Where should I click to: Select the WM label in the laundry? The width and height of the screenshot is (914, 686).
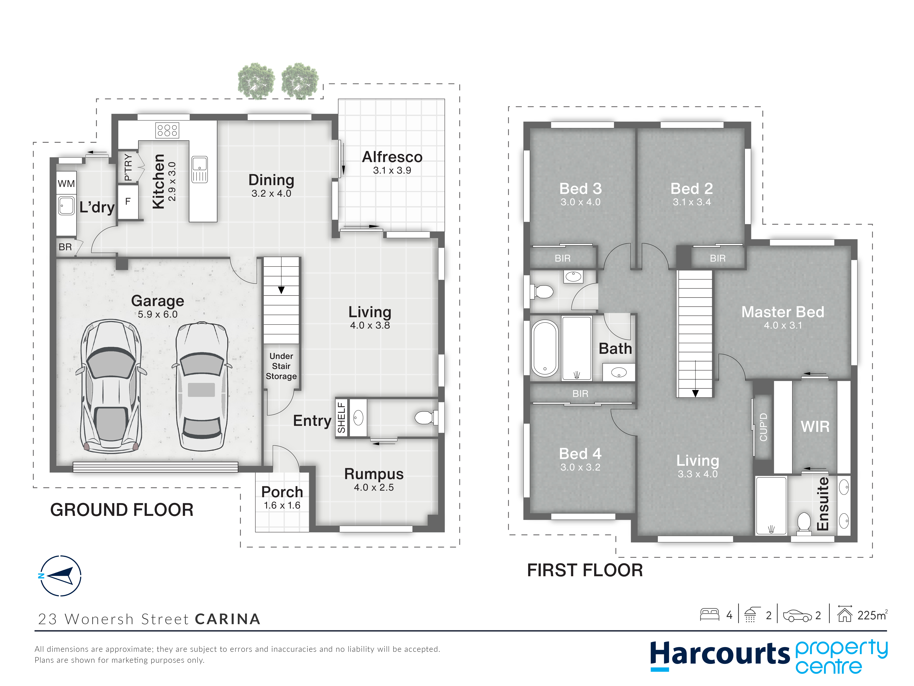[66, 184]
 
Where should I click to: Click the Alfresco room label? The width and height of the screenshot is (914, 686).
[392, 157]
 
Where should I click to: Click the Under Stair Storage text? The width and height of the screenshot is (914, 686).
[281, 366]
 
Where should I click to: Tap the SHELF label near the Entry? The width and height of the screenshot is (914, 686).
[341, 418]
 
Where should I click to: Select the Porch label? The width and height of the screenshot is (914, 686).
[282, 492]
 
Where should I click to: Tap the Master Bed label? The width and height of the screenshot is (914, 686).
[783, 312]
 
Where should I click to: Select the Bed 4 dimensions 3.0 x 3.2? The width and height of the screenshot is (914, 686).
[580, 467]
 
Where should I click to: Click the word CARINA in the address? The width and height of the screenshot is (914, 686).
[228, 619]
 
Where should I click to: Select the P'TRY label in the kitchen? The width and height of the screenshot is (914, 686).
[129, 167]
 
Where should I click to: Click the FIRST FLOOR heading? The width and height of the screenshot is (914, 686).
[585, 570]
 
